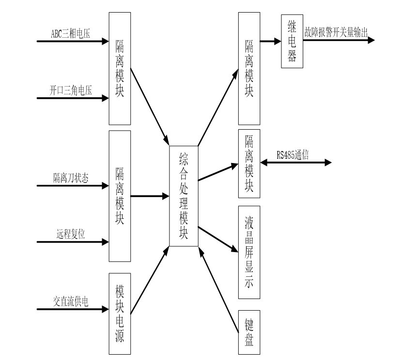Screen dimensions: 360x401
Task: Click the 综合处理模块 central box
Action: click(183, 195)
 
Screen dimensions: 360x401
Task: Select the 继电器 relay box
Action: click(292, 41)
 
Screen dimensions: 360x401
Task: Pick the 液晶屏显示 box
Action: click(249, 252)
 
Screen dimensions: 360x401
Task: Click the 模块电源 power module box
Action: click(120, 314)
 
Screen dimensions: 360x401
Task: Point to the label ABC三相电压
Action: click(71, 33)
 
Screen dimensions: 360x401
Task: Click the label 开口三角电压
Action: click(71, 90)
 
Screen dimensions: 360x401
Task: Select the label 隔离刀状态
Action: click(71, 178)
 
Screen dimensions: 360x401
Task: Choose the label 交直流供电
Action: click(71, 301)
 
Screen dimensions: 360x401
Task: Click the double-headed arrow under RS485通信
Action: click(296, 163)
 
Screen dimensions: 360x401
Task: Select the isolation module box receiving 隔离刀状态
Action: click(120, 195)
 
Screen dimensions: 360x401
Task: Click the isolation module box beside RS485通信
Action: click(249, 164)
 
